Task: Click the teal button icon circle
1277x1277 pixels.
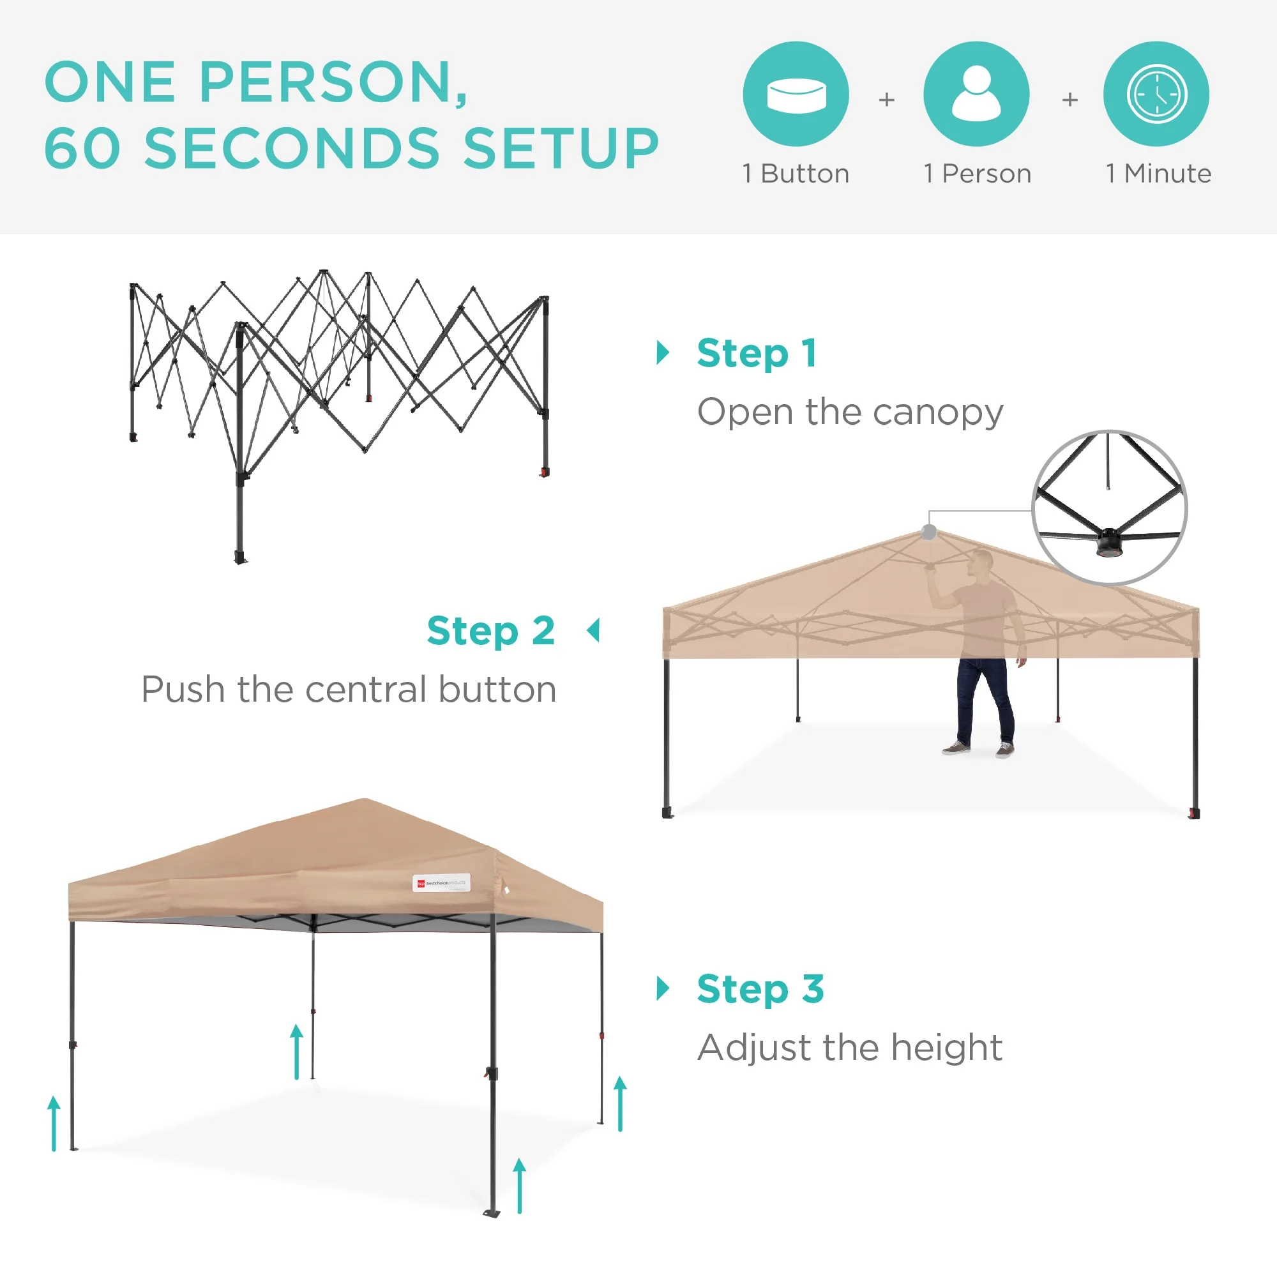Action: [x=796, y=94]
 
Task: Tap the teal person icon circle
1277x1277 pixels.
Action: [x=976, y=94]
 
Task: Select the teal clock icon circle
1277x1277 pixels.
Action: [x=1156, y=94]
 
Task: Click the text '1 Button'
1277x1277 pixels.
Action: [x=796, y=174]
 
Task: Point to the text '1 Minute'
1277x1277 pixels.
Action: [x=1158, y=174]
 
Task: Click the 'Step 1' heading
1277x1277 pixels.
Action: [x=757, y=353]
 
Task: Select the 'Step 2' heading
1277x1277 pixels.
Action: [x=490, y=631]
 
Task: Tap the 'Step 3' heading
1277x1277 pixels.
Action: [x=760, y=989]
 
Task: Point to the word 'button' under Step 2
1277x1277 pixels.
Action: [x=497, y=690]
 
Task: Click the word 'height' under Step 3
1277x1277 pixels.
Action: [x=946, y=1048]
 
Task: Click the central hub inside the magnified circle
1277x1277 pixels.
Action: [x=1109, y=543]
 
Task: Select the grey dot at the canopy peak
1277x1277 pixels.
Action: [x=929, y=531]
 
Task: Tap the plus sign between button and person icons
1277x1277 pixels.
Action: [x=886, y=100]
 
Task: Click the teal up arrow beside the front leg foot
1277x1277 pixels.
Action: [x=520, y=1186]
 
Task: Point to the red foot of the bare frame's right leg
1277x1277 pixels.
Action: [x=543, y=472]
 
